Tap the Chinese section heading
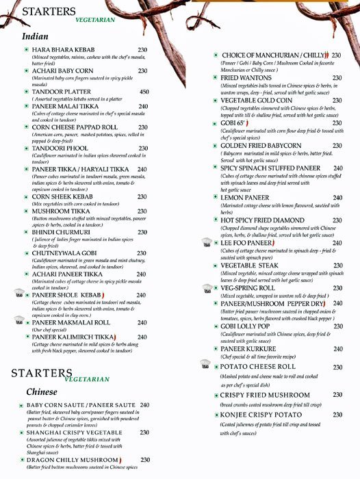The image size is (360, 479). pos(42,392)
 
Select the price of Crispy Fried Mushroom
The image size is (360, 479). pos(337,395)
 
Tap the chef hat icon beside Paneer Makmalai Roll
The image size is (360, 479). pos(19,320)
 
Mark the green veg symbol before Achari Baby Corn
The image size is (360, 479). pos(25,70)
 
